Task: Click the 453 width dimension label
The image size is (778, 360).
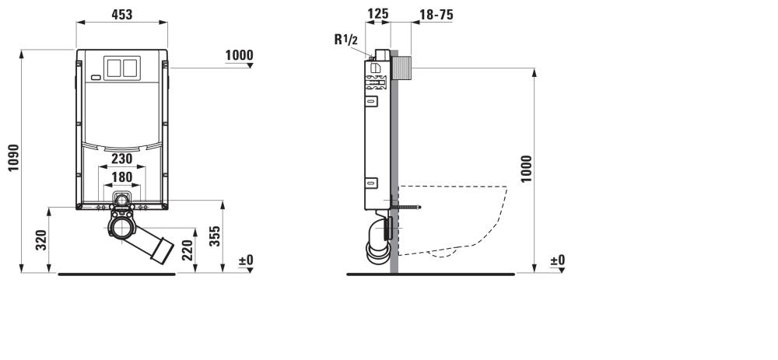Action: tap(121, 15)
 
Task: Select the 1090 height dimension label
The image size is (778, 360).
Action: tap(13, 158)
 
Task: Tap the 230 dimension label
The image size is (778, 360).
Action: tap(121, 159)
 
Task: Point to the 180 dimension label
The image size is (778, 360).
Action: tap(121, 177)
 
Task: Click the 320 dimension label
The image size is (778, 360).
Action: tap(41, 240)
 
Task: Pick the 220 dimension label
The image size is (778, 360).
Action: tap(187, 250)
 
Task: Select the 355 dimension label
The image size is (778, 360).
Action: tap(215, 236)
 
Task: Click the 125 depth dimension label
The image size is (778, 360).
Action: tap(377, 14)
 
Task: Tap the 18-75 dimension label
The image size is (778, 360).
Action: tap(436, 15)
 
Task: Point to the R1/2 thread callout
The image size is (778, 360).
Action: tap(346, 40)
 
